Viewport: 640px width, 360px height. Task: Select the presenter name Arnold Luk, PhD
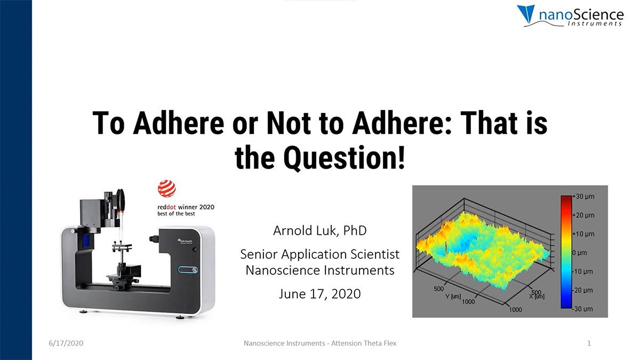(319, 231)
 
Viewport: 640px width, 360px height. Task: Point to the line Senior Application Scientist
(319, 254)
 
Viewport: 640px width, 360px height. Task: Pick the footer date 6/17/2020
(65, 343)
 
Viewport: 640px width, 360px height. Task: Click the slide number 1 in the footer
(589, 343)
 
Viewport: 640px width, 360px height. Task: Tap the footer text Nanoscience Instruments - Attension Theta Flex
(320, 343)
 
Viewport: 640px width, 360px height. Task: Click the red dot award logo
(166, 189)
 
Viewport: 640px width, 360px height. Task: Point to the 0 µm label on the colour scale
(580, 252)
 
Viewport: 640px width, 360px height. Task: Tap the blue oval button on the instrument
(188, 269)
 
